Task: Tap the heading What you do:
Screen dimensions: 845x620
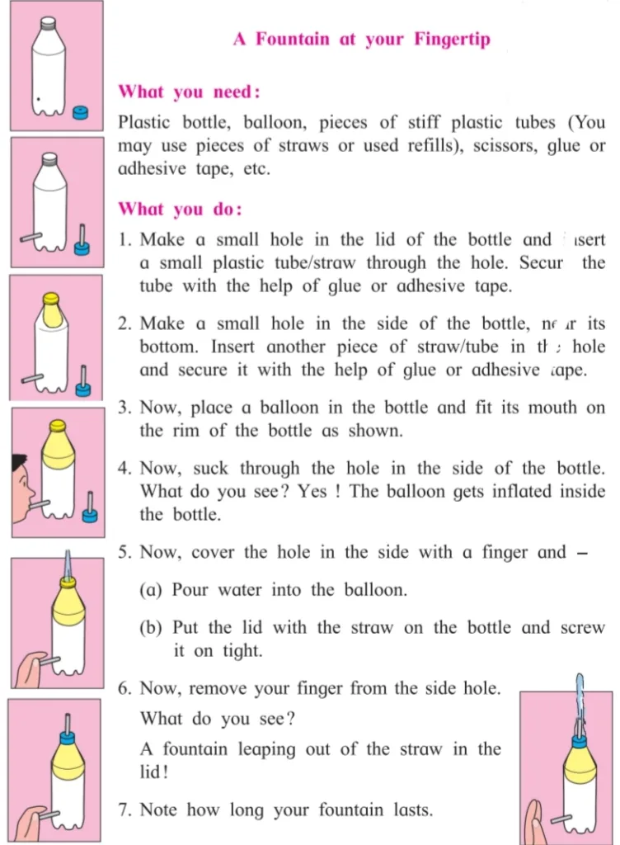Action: click(180, 210)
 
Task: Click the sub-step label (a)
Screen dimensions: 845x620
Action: click(154, 590)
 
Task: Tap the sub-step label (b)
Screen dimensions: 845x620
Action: click(154, 628)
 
